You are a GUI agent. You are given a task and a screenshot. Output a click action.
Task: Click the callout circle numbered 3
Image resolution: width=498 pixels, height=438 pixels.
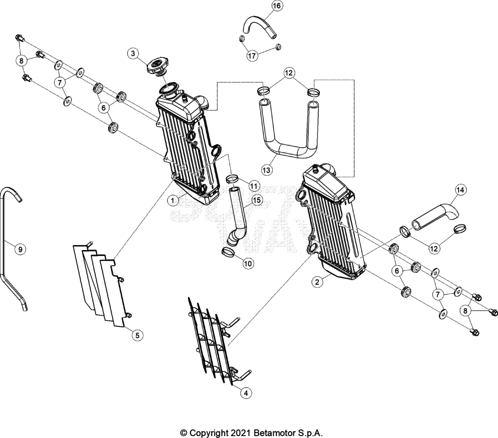tap(133, 53)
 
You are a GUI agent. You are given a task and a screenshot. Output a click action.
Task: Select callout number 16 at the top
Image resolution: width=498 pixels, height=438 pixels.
tap(277, 6)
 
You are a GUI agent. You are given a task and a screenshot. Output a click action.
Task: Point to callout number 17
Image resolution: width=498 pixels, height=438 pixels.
tap(252, 56)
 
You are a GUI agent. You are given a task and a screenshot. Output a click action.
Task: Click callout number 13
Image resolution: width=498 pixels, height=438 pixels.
tap(267, 170)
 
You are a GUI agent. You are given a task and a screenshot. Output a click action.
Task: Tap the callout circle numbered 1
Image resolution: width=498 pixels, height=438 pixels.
tap(173, 201)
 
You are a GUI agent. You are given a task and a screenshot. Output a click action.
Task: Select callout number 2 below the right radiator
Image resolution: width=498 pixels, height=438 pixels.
tap(317, 282)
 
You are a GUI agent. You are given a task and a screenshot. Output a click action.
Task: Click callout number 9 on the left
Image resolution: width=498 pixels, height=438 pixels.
tap(20, 249)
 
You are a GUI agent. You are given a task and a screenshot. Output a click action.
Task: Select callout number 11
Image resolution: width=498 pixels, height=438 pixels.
tap(254, 185)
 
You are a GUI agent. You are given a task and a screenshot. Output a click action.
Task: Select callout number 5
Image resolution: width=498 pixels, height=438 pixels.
tap(138, 335)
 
